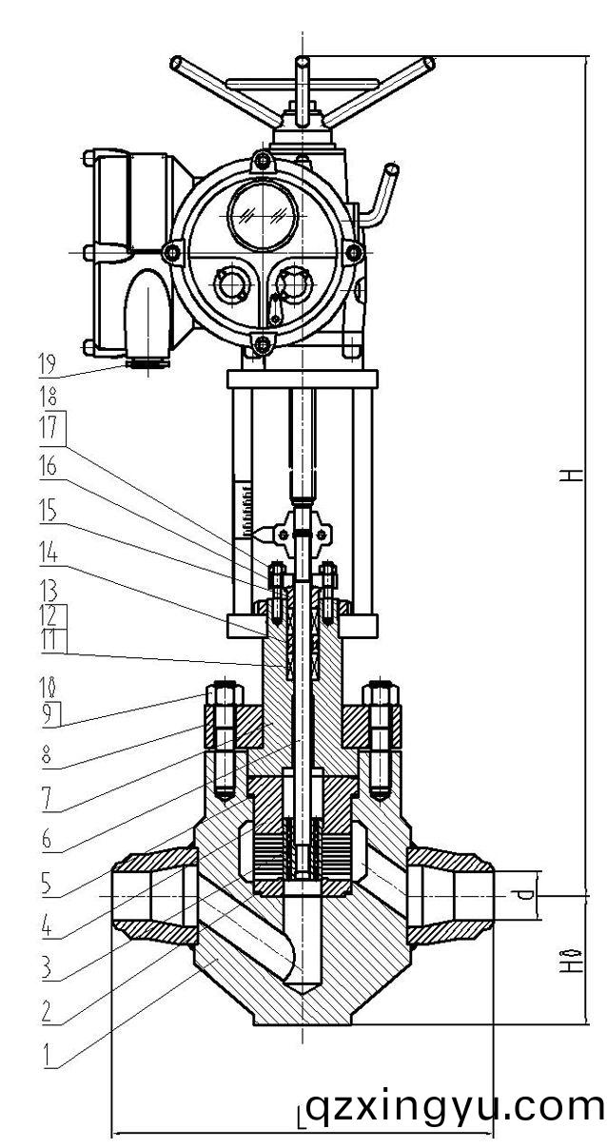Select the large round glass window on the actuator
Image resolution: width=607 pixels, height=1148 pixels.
(x=261, y=210)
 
